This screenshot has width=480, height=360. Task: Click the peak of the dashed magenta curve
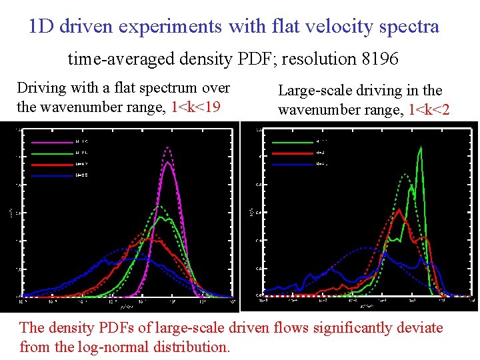[x=169, y=147]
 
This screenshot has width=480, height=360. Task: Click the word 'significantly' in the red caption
[x=323, y=327]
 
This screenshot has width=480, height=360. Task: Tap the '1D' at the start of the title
[x=41, y=26]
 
